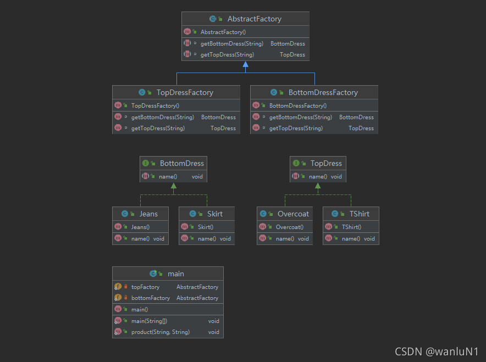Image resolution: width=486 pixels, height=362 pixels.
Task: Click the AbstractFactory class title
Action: coord(254,19)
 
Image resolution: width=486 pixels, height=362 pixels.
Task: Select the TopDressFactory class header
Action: coord(185,93)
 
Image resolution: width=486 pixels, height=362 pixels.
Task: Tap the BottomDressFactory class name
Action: coord(323,93)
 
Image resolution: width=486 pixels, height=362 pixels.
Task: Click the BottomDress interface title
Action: coord(181,163)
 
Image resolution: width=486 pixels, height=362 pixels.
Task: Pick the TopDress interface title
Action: coord(326,163)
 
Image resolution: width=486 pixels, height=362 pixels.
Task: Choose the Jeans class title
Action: coord(148,214)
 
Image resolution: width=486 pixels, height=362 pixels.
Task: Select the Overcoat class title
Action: coord(293,214)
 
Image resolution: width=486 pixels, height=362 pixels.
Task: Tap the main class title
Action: coord(176,274)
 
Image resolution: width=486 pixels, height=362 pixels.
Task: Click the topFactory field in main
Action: coord(146,287)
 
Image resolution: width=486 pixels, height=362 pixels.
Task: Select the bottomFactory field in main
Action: coord(151,298)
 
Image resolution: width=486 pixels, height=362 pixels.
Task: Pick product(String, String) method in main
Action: coord(161,332)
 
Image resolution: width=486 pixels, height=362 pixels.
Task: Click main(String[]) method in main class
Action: coord(150,321)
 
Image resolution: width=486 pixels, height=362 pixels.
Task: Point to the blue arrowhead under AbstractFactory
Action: coord(246,64)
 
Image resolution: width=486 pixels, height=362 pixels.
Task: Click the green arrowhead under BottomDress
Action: coord(174,186)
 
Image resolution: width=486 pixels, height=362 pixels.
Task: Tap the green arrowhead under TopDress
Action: coord(318,186)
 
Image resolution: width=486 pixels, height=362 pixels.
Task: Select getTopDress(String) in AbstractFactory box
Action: coord(227,54)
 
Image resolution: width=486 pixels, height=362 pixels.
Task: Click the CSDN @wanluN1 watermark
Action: coord(436,351)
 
